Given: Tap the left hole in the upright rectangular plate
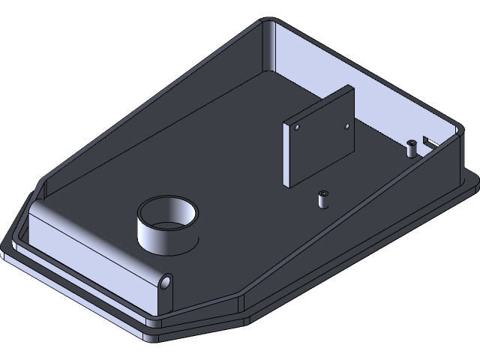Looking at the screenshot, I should click(x=296, y=128).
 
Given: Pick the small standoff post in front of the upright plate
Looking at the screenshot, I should click(x=322, y=200).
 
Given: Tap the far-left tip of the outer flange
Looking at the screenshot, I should click(x=4, y=244).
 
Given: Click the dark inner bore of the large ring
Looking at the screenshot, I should click(x=169, y=217).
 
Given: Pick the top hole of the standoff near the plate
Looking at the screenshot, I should click(x=322, y=194).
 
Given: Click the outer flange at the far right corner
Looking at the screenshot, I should click(x=472, y=178).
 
